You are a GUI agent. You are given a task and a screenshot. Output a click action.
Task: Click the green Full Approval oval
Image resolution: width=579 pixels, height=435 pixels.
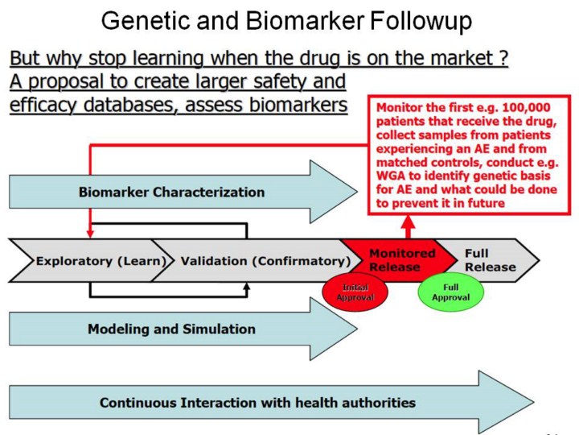click(450, 292)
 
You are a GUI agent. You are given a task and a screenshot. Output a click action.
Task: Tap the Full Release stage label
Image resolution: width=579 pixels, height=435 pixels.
click(489, 260)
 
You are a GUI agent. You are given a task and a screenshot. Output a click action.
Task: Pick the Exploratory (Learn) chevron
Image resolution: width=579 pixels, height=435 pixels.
click(101, 261)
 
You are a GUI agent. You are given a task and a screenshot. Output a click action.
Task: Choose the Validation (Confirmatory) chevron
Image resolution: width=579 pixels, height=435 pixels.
click(265, 261)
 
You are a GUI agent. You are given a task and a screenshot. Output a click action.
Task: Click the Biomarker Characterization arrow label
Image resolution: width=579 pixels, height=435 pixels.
click(170, 193)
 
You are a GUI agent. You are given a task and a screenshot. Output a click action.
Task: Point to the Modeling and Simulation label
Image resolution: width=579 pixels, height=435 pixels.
click(171, 329)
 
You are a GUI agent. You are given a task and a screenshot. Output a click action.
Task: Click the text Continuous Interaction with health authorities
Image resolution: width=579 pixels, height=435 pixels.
click(257, 402)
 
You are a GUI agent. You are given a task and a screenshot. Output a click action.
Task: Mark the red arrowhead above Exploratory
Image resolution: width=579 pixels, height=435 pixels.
click(90, 234)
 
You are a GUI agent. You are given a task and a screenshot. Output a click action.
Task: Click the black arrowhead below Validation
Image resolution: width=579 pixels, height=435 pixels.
click(247, 287)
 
